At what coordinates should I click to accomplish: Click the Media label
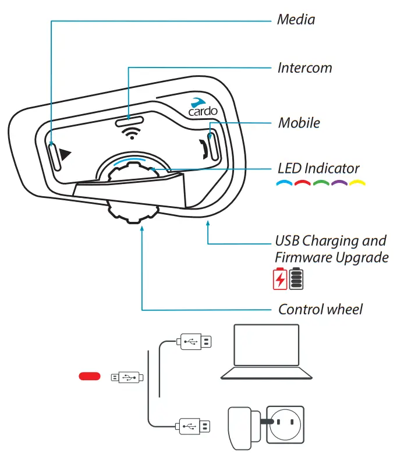click(296, 20)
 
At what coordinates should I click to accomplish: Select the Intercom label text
click(304, 68)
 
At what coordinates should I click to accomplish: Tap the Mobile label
click(299, 123)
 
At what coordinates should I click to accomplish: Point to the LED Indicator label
click(318, 169)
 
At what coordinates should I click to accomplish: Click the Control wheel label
click(320, 309)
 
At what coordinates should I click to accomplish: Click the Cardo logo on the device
click(200, 105)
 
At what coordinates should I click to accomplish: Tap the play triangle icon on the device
click(65, 155)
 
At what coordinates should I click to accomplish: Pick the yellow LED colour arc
click(357, 185)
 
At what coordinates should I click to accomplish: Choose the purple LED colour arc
click(339, 185)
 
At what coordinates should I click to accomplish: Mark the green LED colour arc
click(320, 185)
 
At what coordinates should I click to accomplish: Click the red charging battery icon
click(280, 279)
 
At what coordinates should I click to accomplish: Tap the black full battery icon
click(296, 279)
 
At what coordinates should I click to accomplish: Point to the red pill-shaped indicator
click(90, 377)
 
